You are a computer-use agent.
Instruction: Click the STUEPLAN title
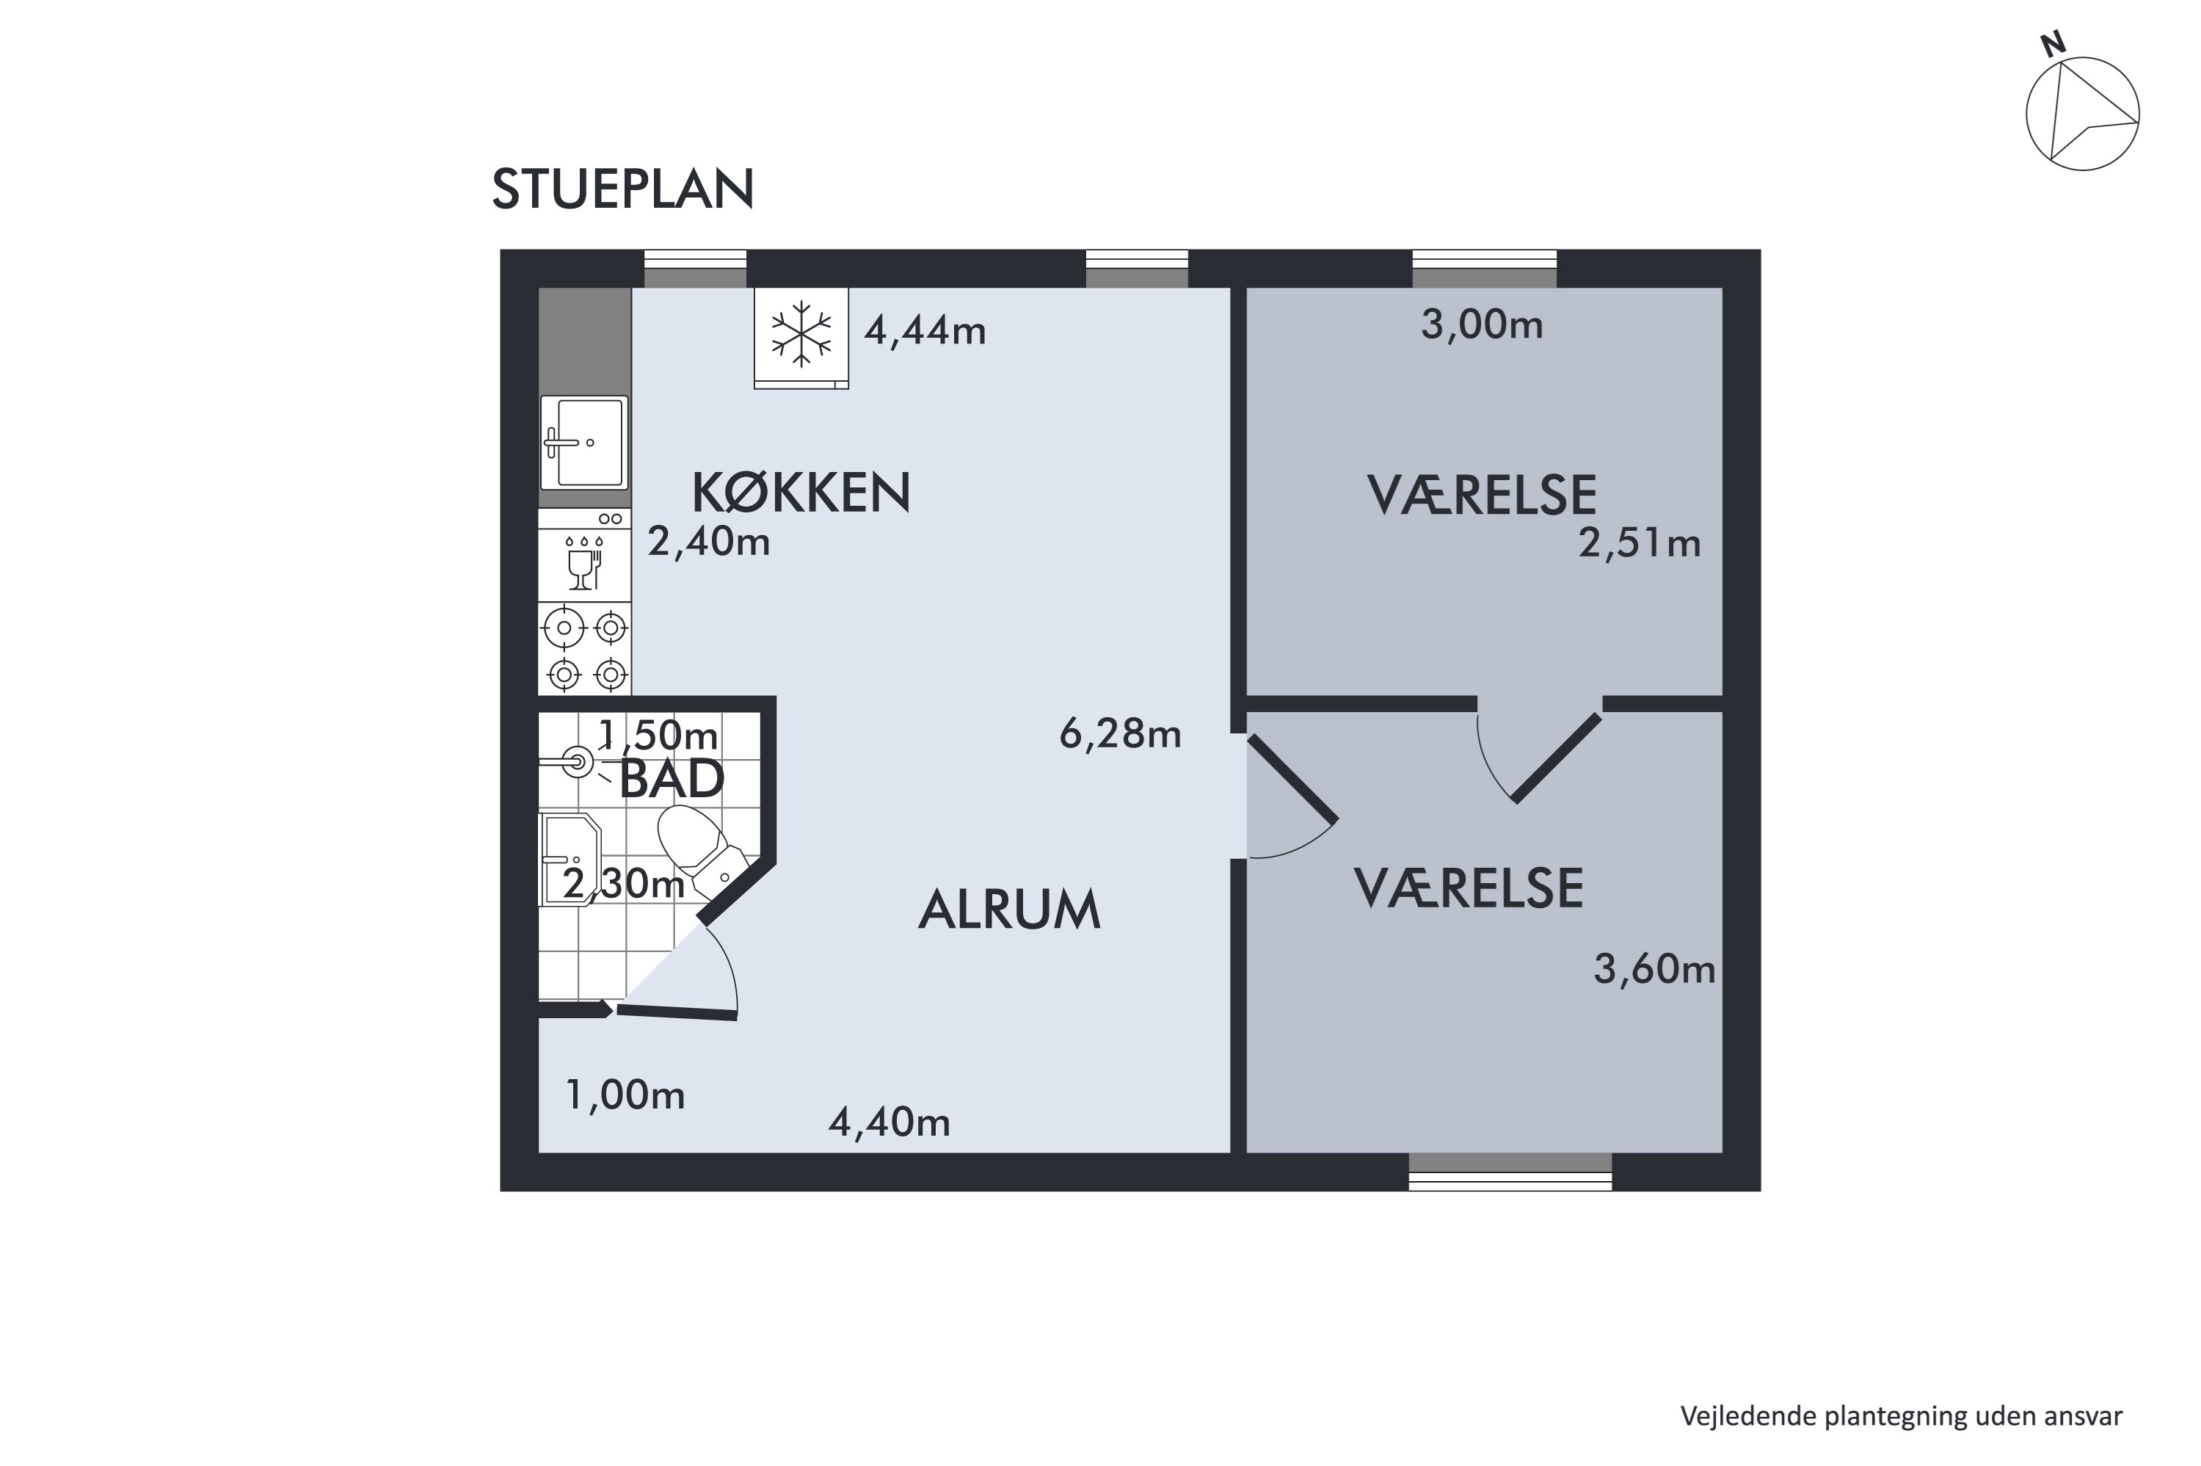622,190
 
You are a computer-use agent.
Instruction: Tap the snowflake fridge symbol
801,334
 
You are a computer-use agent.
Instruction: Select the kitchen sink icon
584,442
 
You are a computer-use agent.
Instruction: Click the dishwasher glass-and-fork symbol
584,564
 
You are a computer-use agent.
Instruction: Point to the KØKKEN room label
801,493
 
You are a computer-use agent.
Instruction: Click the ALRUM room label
1009,910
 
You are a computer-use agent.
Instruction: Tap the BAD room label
671,779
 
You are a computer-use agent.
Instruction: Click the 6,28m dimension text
1120,734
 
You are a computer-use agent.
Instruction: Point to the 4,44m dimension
924,330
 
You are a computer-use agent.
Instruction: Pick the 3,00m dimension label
1481,324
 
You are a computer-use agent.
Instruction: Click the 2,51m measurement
1640,543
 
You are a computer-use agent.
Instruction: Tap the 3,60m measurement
1654,970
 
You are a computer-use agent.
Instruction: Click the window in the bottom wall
1510,1172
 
